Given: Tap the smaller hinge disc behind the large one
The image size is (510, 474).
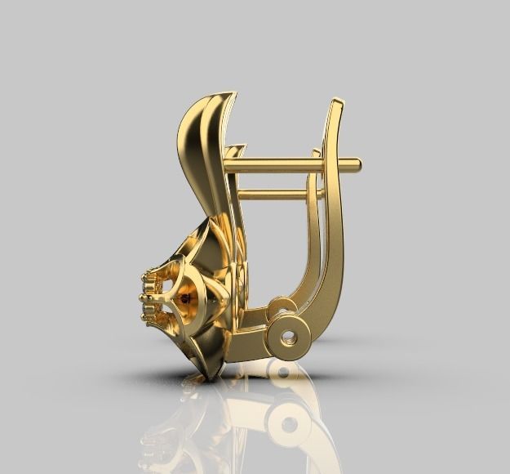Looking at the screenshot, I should click(281, 309).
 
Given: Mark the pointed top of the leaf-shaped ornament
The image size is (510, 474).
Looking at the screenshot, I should click(232, 94).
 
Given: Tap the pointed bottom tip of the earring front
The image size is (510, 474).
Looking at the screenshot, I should click(214, 377).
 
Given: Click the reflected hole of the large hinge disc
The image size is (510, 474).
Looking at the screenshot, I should click(288, 423).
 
